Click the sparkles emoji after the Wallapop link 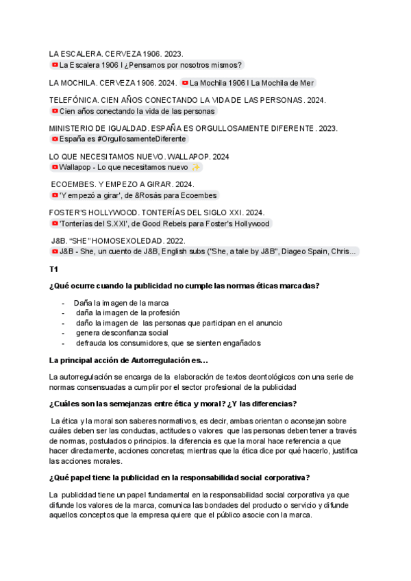click(196, 167)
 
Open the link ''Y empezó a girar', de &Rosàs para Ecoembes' click(138, 195)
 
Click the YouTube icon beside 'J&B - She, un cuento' click(55, 251)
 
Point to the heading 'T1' click(53, 269)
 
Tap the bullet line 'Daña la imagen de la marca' click(121, 303)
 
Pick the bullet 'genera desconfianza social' click(122, 333)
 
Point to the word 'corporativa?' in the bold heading click(287, 478)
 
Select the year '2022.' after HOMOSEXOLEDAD click(176, 241)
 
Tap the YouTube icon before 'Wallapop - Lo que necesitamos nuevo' click(55, 167)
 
